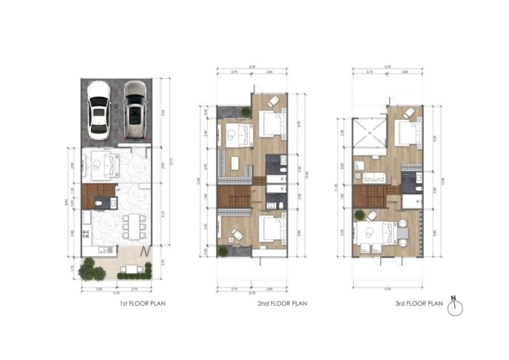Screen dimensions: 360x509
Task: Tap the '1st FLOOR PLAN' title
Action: click(x=143, y=304)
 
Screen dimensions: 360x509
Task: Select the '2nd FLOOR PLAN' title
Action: click(x=281, y=304)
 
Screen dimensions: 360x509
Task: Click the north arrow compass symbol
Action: click(x=455, y=307)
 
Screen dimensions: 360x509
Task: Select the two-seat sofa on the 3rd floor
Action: click(x=376, y=177)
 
